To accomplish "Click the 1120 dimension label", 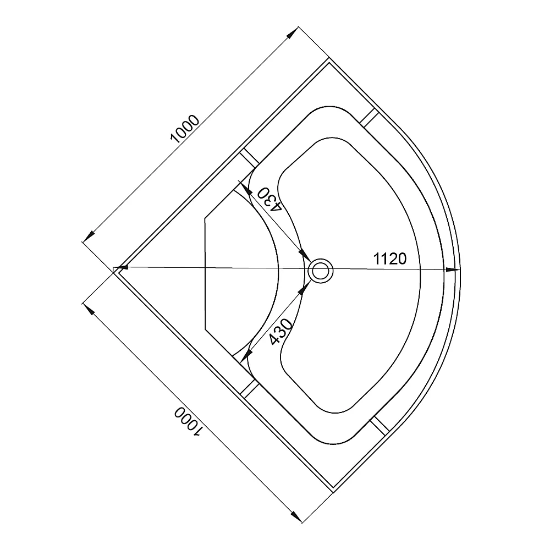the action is tap(389, 259).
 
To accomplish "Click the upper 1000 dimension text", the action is tap(184, 129).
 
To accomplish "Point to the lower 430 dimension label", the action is tap(280, 332).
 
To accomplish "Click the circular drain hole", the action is tap(320, 271).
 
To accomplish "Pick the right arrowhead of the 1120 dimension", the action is tap(453, 269).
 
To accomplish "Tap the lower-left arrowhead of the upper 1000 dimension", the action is tap(89, 236).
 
